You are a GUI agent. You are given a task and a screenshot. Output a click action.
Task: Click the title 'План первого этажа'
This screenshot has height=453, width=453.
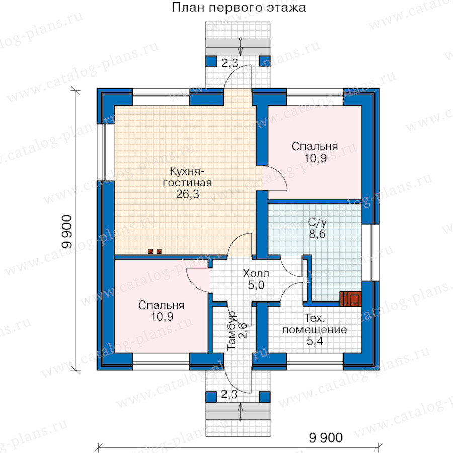pos(239,8)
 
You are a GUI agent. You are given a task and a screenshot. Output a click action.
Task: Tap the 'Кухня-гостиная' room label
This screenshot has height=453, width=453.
pos(187,177)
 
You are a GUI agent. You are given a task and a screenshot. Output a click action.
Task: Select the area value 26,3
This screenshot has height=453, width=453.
pos(188,194)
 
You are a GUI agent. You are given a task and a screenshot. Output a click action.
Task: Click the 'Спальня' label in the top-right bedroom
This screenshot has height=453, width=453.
pos(315,146)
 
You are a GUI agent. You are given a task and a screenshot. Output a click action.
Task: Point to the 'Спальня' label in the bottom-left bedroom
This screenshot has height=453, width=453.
pos(162,305)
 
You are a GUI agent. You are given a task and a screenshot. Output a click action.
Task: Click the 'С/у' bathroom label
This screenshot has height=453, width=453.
pos(317,222)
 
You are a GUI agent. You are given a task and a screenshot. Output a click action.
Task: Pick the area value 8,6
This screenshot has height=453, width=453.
pos(317,234)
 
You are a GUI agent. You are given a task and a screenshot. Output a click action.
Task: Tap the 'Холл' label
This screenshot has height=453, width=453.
pos(256,273)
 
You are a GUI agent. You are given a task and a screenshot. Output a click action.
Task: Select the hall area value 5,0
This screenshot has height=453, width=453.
pos(256,285)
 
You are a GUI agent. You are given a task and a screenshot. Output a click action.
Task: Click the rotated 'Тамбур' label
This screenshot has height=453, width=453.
pos(232,331)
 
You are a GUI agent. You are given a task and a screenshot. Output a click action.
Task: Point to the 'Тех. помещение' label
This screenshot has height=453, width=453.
pos(315,324)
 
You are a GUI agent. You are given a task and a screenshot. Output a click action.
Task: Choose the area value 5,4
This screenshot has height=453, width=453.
pos(315,341)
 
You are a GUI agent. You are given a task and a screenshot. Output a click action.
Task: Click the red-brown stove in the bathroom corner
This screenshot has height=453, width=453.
pos(350,298)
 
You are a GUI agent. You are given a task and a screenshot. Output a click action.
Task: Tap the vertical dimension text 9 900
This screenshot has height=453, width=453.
pos(67,232)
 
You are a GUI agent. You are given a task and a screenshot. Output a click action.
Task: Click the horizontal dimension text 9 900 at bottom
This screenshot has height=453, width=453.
pos(326,438)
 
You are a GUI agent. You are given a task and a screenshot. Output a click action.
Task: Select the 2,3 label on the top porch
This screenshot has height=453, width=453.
pos(230,63)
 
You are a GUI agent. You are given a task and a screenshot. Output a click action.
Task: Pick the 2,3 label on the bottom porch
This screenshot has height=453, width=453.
pos(230,394)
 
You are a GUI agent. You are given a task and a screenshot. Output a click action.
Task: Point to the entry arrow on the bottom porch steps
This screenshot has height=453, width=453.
pos(240,412)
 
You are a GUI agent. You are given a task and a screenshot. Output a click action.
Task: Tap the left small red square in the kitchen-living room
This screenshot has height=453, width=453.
pos(150,251)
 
